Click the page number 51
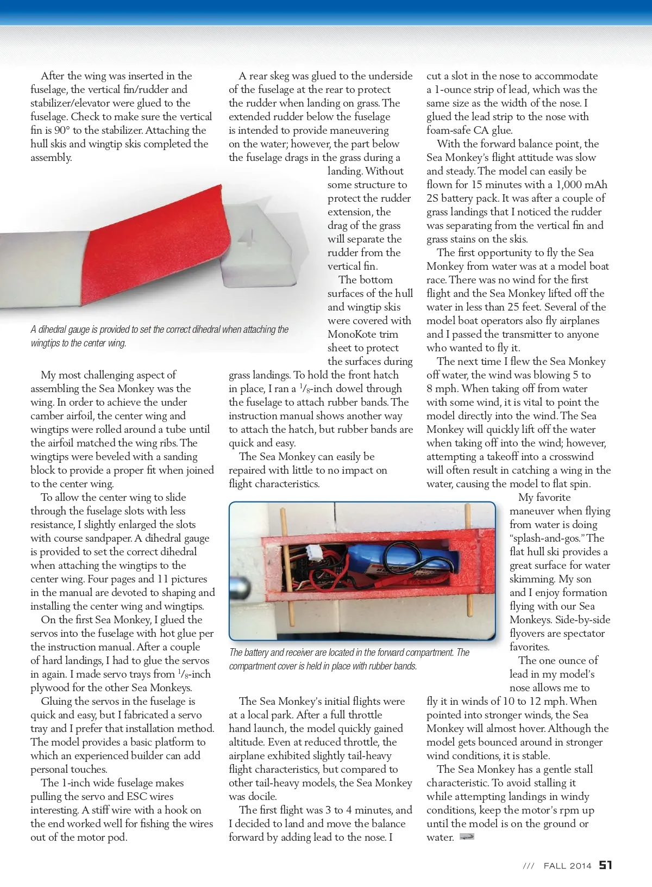pos(605,865)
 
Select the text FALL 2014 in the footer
pos(567,866)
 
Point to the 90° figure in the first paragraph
pos(59,131)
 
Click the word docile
pos(262,797)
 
